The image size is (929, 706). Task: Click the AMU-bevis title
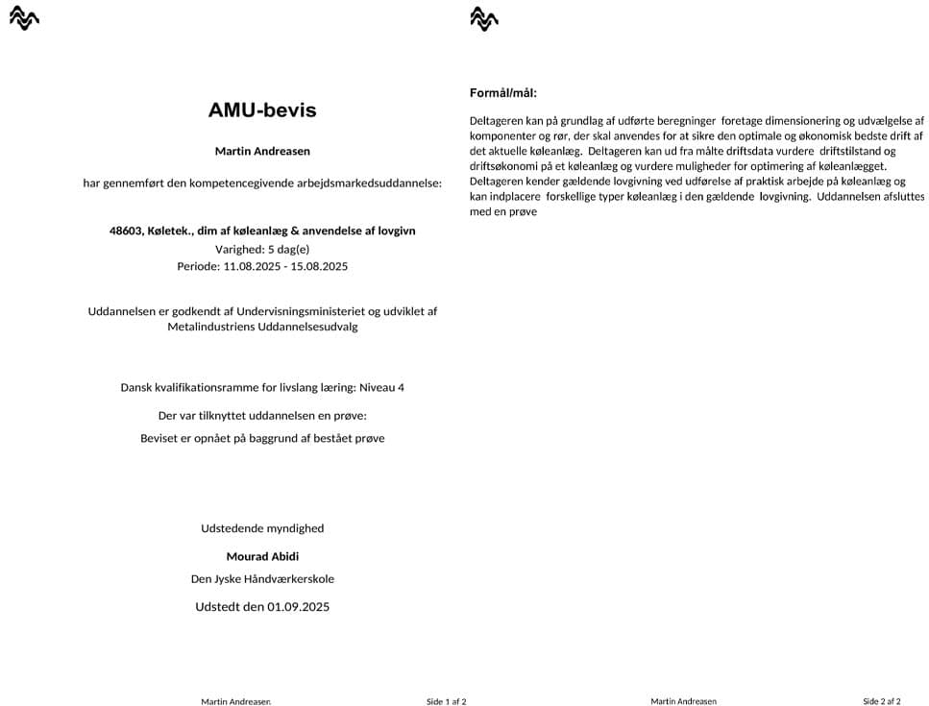tap(262, 110)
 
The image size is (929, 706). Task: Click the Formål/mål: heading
tap(503, 93)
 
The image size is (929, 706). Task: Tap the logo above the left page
tap(24, 17)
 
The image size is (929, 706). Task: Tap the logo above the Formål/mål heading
tap(484, 17)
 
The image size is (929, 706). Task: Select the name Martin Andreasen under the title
tap(262, 151)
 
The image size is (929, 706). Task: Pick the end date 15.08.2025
tap(318, 266)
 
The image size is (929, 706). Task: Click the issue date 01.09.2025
tap(298, 607)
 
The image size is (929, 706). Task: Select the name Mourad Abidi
tap(262, 556)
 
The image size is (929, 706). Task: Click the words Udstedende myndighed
tap(262, 528)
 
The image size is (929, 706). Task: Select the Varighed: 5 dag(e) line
tap(262, 249)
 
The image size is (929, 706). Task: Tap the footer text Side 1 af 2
tap(447, 701)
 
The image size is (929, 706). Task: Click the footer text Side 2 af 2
tap(882, 701)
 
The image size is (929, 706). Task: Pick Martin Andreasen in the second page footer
tap(683, 701)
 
